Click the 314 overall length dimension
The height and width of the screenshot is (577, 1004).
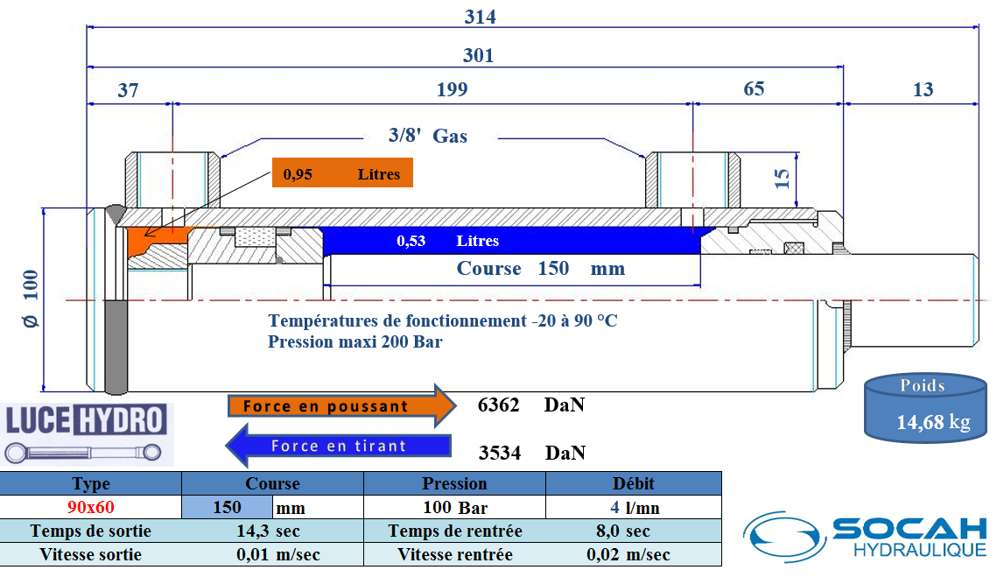[x=481, y=17]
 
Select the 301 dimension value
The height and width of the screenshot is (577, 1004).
[x=479, y=55]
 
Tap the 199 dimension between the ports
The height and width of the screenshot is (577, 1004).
[x=452, y=89]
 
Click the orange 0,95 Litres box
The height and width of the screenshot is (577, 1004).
[x=341, y=174]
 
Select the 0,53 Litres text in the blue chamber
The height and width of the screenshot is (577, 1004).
[x=447, y=241]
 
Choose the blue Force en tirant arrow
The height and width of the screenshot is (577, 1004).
[x=338, y=446]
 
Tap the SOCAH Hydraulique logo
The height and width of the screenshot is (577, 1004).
[x=865, y=536]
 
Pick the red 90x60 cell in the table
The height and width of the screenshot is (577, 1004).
[x=91, y=507]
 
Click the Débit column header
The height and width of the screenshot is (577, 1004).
[x=634, y=483]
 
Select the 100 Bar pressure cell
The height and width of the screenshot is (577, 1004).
[x=454, y=507]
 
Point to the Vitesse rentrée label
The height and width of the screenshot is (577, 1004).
[x=454, y=554]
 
